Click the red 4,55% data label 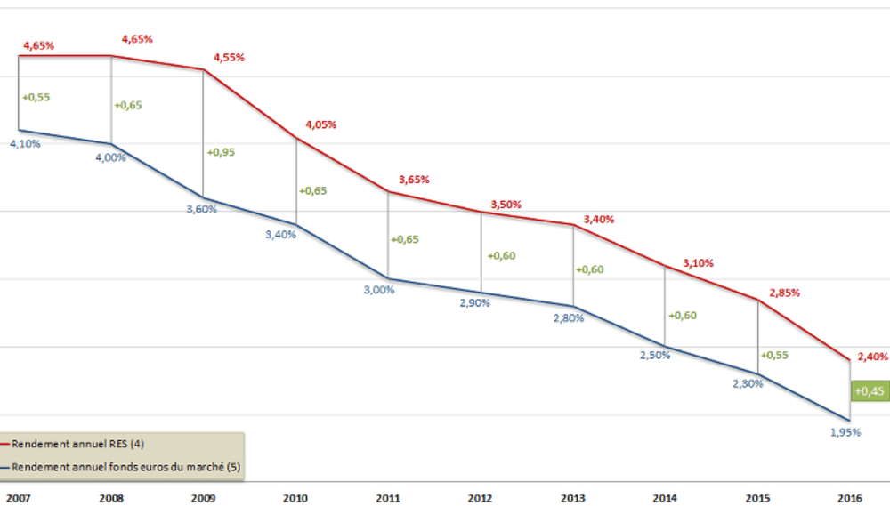tap(229, 58)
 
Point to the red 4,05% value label tap(320, 125)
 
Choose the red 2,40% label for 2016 tap(872, 357)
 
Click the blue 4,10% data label tap(25, 143)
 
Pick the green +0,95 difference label tap(221, 152)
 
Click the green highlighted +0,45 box tap(869, 390)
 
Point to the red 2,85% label tap(784, 292)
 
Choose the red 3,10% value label tap(698, 263)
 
